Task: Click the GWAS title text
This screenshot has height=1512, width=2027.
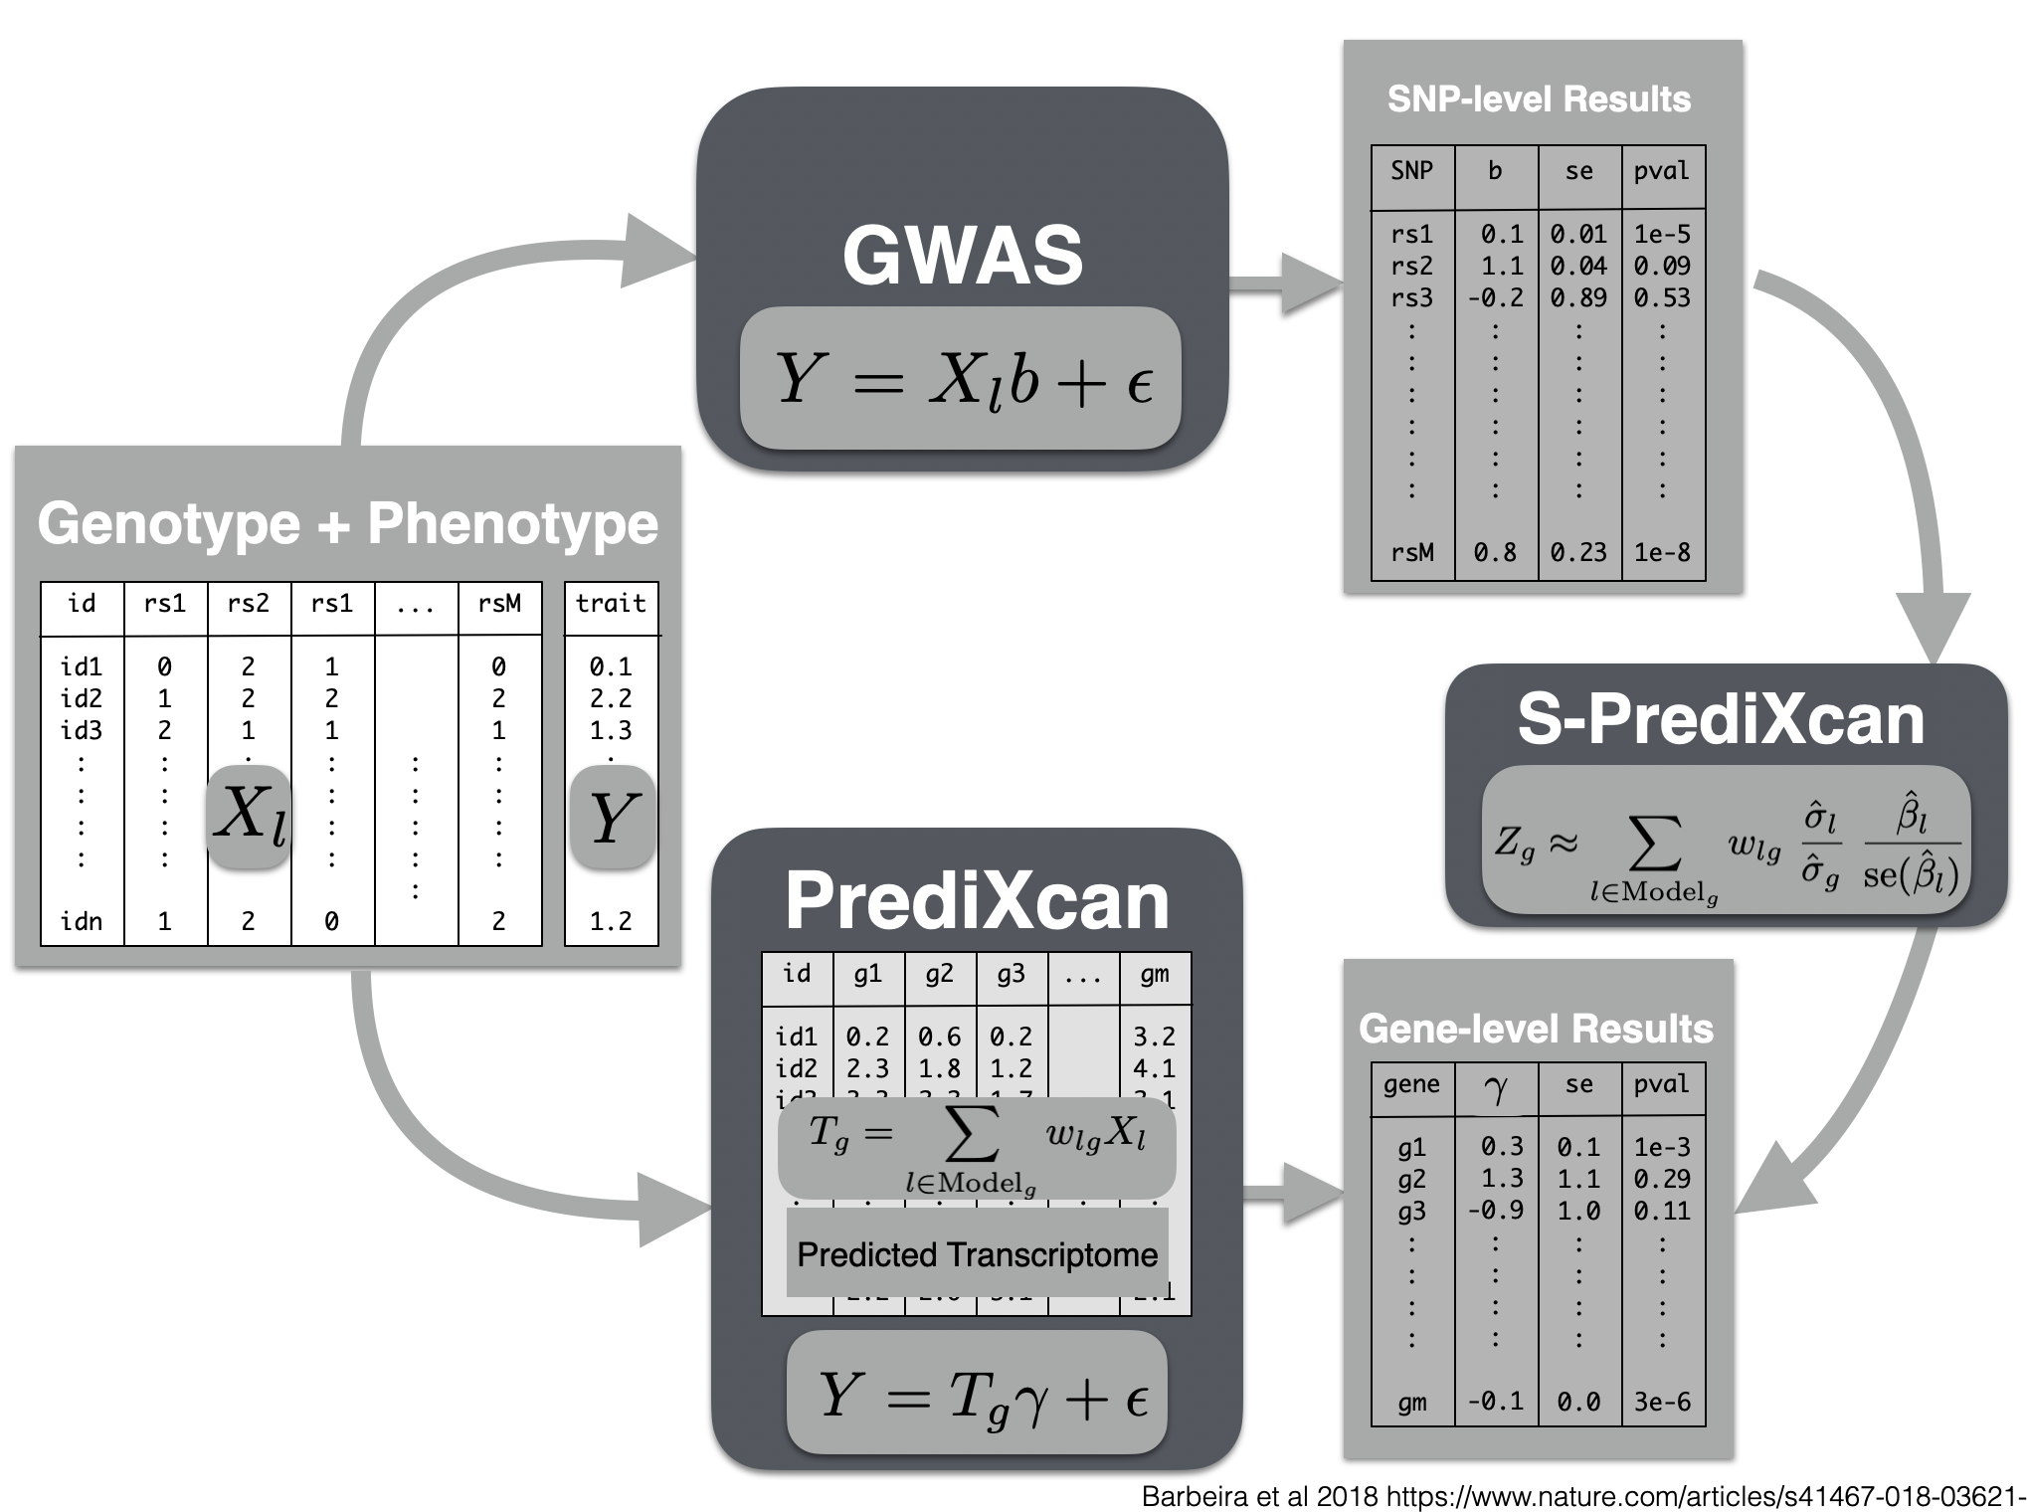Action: click(962, 255)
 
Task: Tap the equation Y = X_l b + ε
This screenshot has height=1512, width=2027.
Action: click(961, 379)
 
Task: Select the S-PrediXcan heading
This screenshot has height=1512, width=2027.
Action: click(1721, 719)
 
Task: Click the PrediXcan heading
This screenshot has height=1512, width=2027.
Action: click(977, 901)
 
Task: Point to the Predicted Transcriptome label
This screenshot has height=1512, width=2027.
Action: click(977, 1254)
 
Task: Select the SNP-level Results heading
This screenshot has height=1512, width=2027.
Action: click(1539, 99)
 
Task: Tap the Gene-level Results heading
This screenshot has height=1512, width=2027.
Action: click(1536, 1029)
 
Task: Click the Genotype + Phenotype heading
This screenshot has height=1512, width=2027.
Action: click(347, 523)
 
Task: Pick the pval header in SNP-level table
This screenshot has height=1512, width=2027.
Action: click(1662, 171)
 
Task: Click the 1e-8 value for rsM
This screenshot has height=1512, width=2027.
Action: click(1662, 552)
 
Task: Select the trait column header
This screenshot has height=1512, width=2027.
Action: click(611, 604)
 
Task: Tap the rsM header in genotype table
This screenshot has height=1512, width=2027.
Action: click(499, 604)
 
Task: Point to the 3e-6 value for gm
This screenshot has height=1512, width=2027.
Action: click(1662, 1403)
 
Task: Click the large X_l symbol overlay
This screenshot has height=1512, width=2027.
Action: click(249, 816)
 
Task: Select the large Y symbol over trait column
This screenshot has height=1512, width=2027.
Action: click(612, 818)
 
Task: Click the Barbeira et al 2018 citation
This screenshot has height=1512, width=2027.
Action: click(1581, 1496)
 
